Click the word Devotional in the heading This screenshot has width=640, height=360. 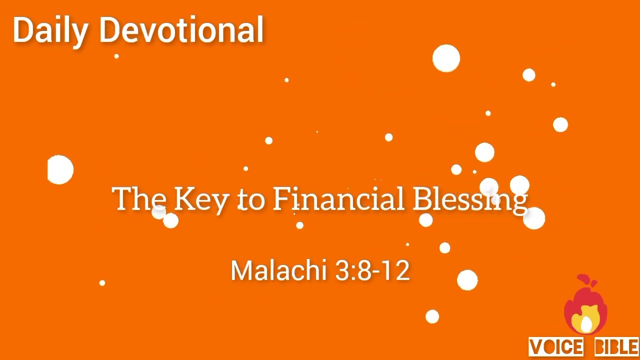coord(181,30)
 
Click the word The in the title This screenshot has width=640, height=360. coord(139,198)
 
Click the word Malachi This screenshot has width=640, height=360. coord(278,270)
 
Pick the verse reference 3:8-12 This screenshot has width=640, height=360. coord(372,270)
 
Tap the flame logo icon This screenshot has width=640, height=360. coord(585,305)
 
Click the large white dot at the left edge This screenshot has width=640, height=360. coord(60,170)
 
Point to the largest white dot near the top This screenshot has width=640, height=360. coord(446,58)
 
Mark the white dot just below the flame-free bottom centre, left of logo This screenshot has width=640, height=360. coord(432,316)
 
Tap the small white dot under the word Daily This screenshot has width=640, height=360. coord(116,56)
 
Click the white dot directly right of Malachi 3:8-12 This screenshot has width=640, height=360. coord(467,280)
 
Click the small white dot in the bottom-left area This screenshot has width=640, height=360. coord(102,283)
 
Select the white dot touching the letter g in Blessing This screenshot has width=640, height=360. coord(534,218)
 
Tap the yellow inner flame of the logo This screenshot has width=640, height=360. coord(586,320)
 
